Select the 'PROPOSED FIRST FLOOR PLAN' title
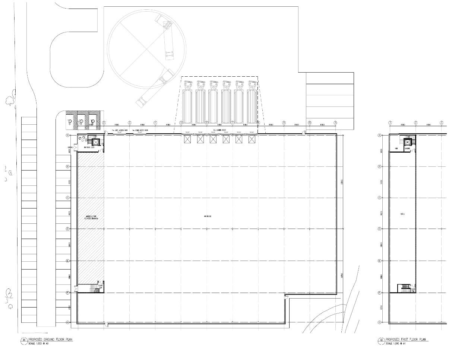pyautogui.click(x=407, y=340)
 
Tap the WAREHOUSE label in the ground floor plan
pyautogui.click(x=208, y=216)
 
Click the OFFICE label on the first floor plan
pyautogui.click(x=402, y=214)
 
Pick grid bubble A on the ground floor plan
pyautogui.click(x=68, y=136)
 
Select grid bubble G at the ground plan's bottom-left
pyautogui.click(x=68, y=322)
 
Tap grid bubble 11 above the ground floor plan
pyautogui.click(x=335, y=122)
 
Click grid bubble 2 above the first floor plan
pyautogui.click(x=415, y=122)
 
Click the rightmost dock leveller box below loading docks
pyautogui.click(x=252, y=139)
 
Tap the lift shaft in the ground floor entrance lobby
pyautogui.click(x=96, y=142)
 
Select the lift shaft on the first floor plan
pyautogui.click(x=408, y=142)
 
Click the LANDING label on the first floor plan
pyautogui.click(x=407, y=148)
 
